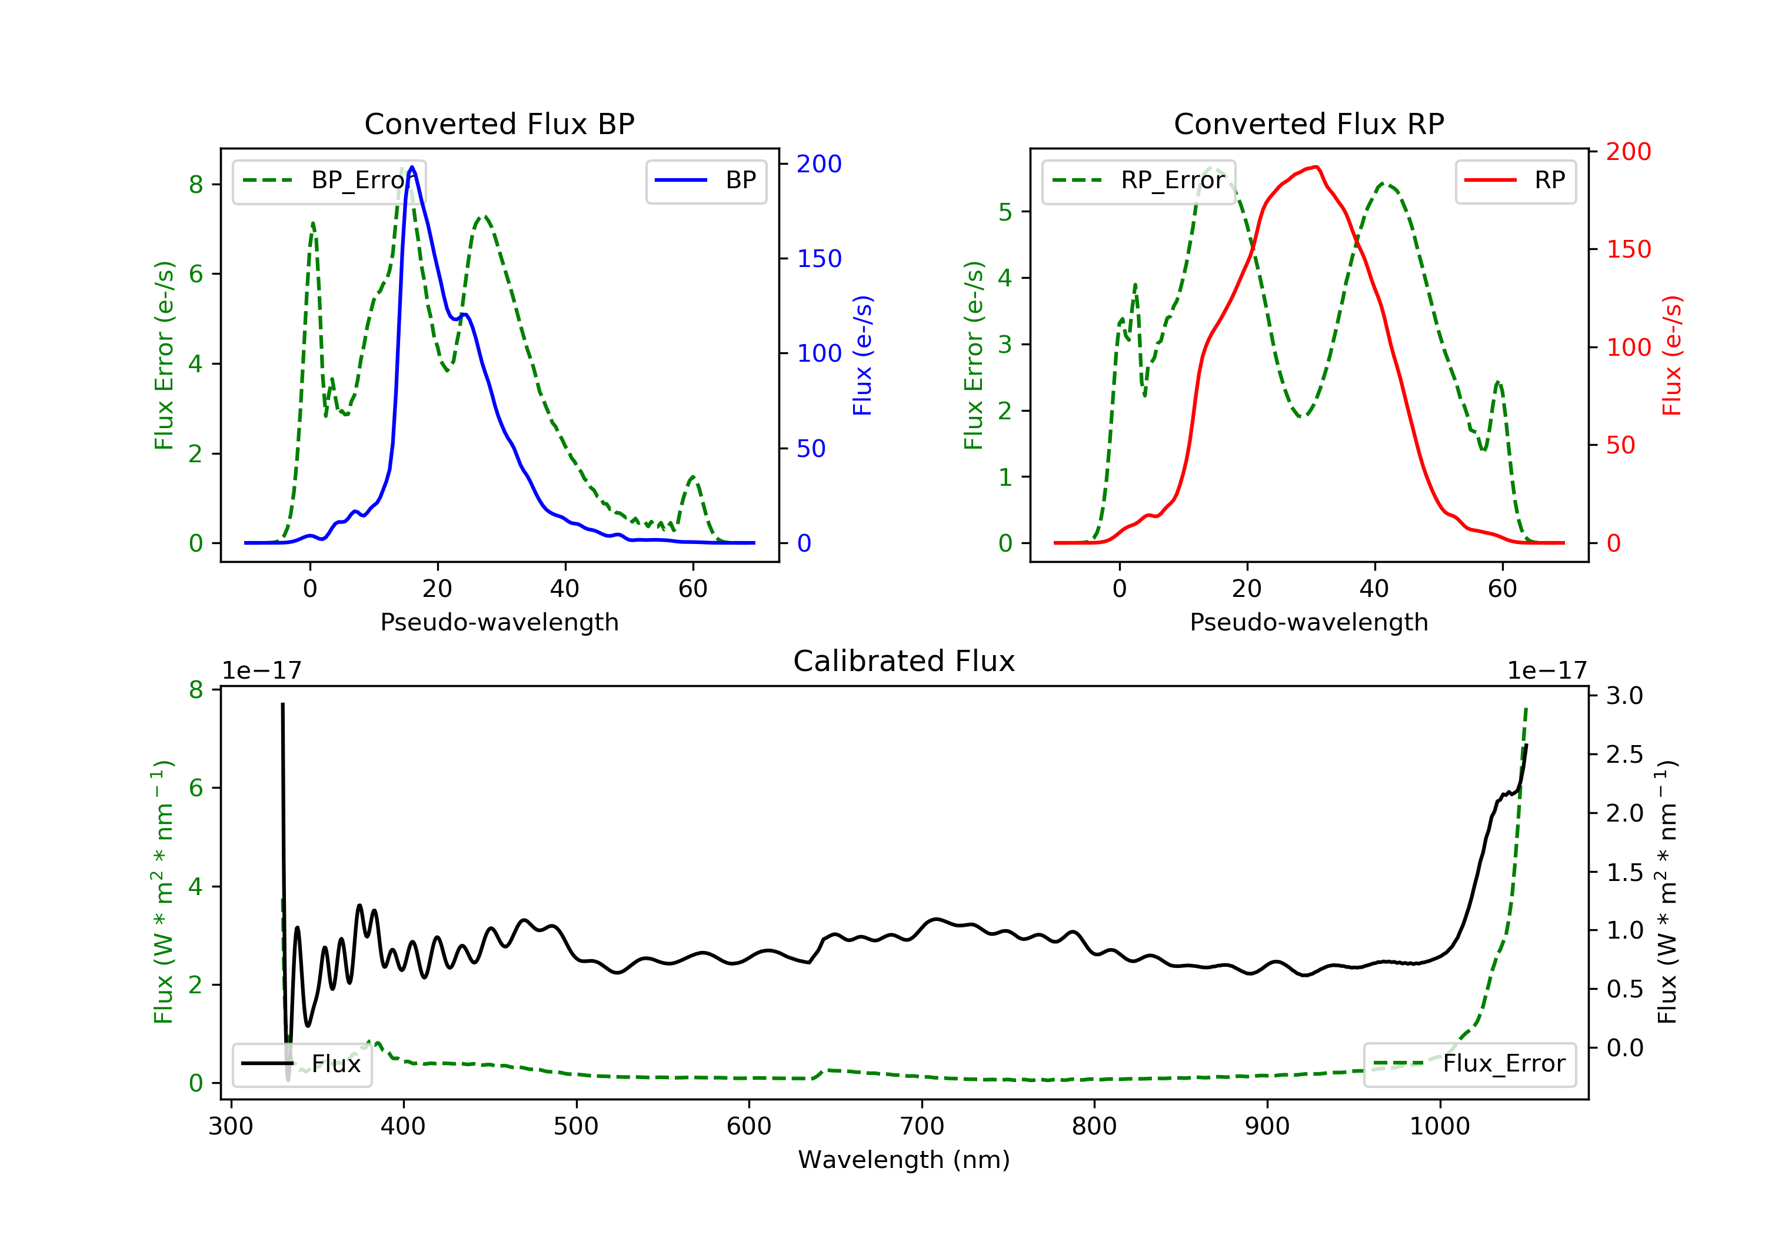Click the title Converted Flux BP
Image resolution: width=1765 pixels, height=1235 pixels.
pyautogui.click(x=499, y=123)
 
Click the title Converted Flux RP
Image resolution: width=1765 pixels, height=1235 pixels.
pyautogui.click(x=1308, y=123)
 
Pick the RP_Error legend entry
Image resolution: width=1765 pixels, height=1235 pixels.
pyautogui.click(x=1138, y=181)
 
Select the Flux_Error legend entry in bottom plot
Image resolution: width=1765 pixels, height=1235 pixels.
pyautogui.click(x=1469, y=1064)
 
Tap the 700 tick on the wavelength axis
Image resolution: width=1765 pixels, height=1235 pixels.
pyautogui.click(x=922, y=1127)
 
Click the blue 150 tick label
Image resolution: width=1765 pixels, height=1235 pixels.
pyautogui.click(x=819, y=259)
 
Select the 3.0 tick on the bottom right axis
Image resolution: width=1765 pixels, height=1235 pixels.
pyautogui.click(x=1624, y=696)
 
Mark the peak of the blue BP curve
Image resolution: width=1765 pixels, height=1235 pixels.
pyautogui.click(x=412, y=168)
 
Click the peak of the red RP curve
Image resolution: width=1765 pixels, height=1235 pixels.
pyautogui.click(x=1317, y=167)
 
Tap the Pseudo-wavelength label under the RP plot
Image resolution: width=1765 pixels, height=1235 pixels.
pyautogui.click(x=1308, y=622)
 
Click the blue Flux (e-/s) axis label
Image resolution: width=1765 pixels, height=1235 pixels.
pyautogui.click(x=862, y=355)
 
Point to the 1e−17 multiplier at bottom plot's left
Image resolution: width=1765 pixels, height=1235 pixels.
pyautogui.click(x=261, y=671)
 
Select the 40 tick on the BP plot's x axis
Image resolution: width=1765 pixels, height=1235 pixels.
pyautogui.click(x=565, y=589)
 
